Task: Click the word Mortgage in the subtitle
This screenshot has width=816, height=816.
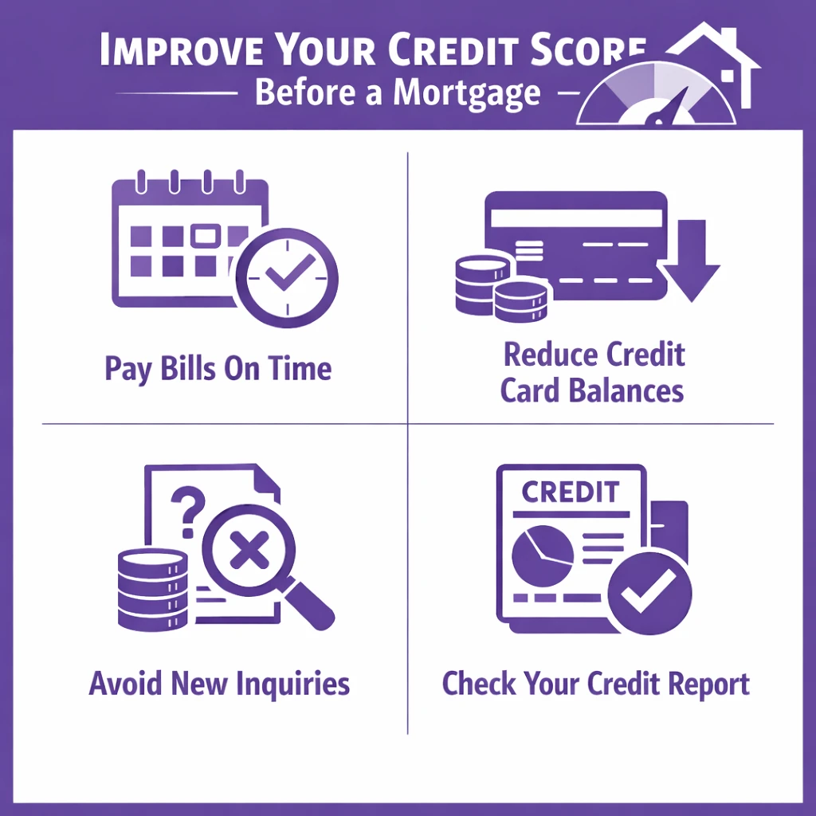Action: click(x=466, y=93)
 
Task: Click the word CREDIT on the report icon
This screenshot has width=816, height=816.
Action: click(x=569, y=491)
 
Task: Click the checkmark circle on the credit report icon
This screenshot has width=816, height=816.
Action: click(x=649, y=594)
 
